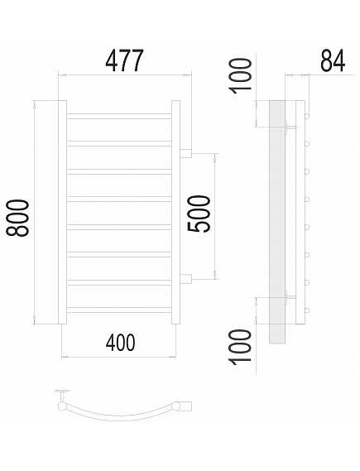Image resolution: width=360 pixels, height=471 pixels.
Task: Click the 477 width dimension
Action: (x=125, y=61)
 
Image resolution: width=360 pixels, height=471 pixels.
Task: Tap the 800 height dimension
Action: (x=18, y=218)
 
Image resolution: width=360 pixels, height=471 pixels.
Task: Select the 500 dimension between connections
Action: (x=199, y=214)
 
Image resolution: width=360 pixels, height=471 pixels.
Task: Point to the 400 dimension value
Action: (x=120, y=343)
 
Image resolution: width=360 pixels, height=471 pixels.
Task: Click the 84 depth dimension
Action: (x=333, y=60)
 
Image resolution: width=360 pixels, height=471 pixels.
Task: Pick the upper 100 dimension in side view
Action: (x=240, y=76)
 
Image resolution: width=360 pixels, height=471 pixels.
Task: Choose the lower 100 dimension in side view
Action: (x=240, y=347)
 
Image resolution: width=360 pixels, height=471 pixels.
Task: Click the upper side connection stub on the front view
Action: (x=186, y=153)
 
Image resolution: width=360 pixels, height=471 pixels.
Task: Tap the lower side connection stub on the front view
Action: (x=186, y=278)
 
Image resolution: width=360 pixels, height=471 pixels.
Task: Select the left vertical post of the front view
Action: (x=62, y=213)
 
